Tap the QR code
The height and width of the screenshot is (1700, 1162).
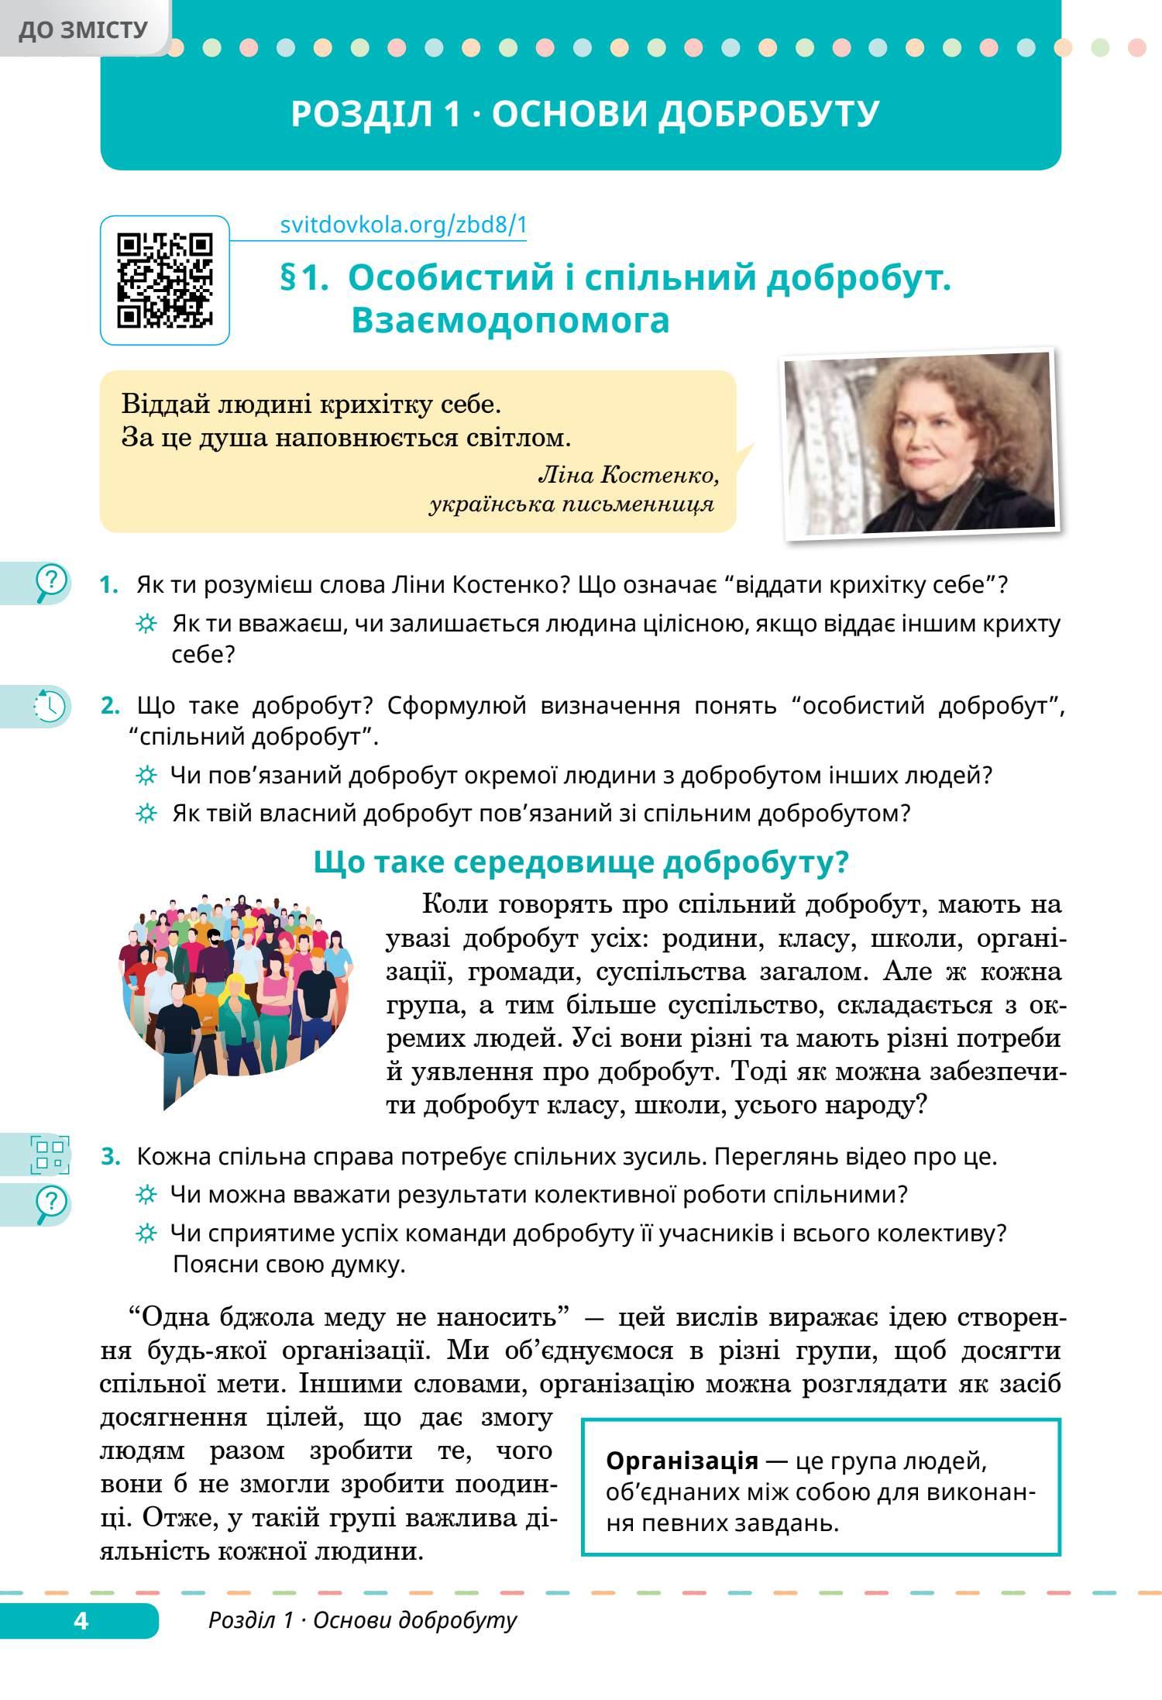pyautogui.click(x=165, y=280)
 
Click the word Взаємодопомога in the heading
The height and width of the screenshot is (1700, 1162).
pyautogui.click(x=510, y=321)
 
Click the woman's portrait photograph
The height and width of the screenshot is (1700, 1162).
pyautogui.click(x=920, y=444)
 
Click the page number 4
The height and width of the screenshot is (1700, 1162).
pyautogui.click(x=81, y=1620)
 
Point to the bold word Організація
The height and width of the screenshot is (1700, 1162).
pyautogui.click(x=682, y=1461)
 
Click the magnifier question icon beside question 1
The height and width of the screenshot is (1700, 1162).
pyautogui.click(x=50, y=583)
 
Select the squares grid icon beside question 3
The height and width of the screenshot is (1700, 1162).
pyautogui.click(x=50, y=1155)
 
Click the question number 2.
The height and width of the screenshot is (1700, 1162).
pyautogui.click(x=110, y=707)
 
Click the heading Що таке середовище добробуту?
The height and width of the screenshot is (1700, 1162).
pyautogui.click(x=581, y=862)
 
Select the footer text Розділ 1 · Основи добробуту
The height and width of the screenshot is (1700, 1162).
pyautogui.click(x=363, y=1620)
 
